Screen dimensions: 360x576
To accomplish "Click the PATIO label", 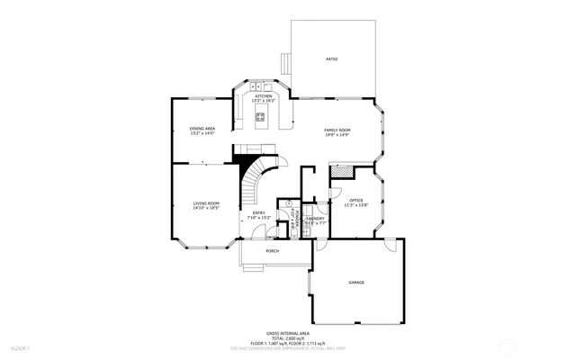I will coord(331,59).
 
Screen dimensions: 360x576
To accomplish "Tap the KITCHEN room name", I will coord(263,96).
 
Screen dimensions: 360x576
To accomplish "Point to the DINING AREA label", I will coord(202,129).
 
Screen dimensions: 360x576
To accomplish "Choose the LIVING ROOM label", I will coord(206,203).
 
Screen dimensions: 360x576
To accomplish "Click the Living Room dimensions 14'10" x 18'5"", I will coord(206,209).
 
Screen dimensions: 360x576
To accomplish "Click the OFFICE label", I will coord(356,200).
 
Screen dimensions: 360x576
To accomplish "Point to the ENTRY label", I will coord(258,212).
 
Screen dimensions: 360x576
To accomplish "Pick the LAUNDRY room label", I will coord(315,218).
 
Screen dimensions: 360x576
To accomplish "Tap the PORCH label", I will coord(272,251).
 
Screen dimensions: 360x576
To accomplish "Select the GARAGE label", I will coord(356,283).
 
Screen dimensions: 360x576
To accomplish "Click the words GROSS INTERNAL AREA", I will coord(288,332).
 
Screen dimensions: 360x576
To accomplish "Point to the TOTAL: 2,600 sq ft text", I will coord(288,337).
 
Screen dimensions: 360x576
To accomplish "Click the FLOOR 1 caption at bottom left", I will coord(20,347).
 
